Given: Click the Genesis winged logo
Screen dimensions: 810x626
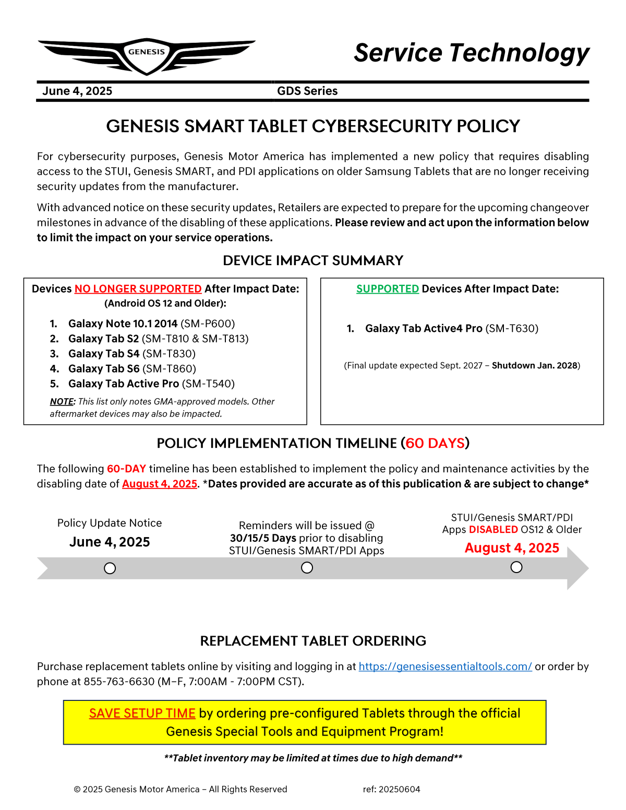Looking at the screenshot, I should (x=147, y=55).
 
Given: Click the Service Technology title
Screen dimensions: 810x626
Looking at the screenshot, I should (x=472, y=53).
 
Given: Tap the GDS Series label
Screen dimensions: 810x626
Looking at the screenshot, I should (x=307, y=91).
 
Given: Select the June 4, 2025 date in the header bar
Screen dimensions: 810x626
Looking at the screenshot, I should (x=77, y=91).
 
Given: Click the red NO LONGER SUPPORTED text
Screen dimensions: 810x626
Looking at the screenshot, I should (x=138, y=289).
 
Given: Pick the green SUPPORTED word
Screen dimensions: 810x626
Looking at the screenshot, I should (x=388, y=289).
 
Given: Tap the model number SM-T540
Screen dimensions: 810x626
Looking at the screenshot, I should (x=208, y=384).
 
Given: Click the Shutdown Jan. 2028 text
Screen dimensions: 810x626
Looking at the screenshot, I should (x=535, y=365).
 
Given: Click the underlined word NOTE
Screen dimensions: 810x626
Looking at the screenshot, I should (x=62, y=401).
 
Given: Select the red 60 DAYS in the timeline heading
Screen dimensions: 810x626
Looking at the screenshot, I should (x=435, y=443).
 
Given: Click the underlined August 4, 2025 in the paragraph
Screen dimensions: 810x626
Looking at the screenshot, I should (x=160, y=484).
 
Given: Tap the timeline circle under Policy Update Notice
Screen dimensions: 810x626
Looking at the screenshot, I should (x=110, y=568).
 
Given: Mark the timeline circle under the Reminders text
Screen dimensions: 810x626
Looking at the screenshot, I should (x=307, y=567).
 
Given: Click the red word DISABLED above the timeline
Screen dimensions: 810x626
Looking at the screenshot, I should (x=493, y=530).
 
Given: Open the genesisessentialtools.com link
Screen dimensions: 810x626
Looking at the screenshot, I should (x=445, y=666).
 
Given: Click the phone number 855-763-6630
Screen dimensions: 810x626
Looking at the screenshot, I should (x=119, y=682).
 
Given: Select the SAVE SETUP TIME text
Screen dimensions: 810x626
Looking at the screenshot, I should (x=142, y=713).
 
